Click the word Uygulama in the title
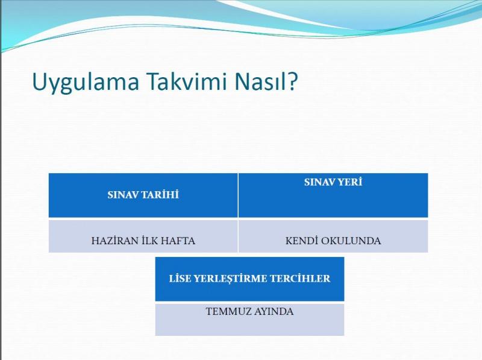pyautogui.click(x=86, y=83)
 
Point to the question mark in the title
pyautogui.click(x=293, y=81)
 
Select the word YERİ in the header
pyautogui.click(x=350, y=182)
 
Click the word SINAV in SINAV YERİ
pyautogui.click(x=319, y=182)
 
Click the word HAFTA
pyautogui.click(x=178, y=241)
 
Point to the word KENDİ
pyautogui.click(x=301, y=241)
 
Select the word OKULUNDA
pyautogui.click(x=351, y=241)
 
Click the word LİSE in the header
pyautogui.click(x=180, y=279)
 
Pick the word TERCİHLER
pyautogui.click(x=300, y=279)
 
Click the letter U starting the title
pyautogui.click(x=39, y=81)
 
